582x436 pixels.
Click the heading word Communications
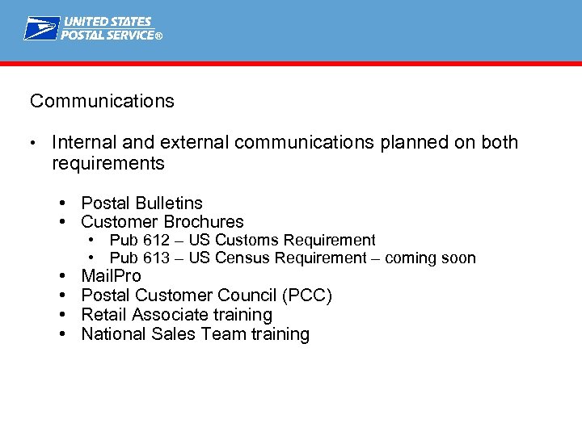coord(102,101)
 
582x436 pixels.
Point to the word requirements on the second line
coord(108,164)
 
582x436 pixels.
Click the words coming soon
coord(430,258)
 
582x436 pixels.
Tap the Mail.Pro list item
coord(111,276)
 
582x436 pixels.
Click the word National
coord(114,334)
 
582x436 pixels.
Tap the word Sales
coord(173,334)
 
